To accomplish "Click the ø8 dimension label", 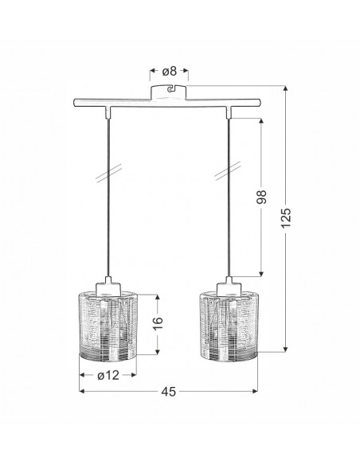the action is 169,71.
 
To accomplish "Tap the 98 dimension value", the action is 261,197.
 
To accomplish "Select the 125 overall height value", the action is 286,218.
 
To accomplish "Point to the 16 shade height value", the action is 158,323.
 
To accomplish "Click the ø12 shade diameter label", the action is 108,375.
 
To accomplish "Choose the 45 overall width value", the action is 168,392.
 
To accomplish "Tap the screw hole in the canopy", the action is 170,89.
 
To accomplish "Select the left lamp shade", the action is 108,326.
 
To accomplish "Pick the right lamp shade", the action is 229,326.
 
